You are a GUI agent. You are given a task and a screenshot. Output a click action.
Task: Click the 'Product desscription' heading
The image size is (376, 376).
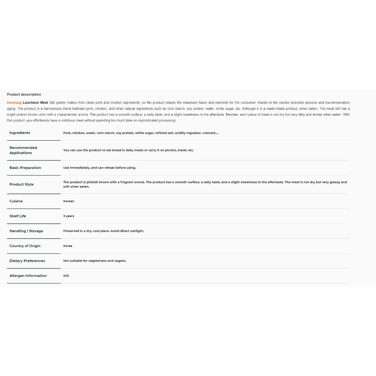(x=24, y=95)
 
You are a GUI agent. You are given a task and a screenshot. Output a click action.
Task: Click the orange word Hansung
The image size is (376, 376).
(x=14, y=103)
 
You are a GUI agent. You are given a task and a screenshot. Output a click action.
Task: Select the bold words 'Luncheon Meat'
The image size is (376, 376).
(x=35, y=103)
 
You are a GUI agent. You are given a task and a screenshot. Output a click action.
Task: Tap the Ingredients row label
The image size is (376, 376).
(x=20, y=133)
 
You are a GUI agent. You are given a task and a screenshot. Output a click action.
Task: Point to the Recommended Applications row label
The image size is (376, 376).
(x=23, y=150)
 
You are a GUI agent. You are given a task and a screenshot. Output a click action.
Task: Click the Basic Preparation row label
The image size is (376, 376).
(x=25, y=168)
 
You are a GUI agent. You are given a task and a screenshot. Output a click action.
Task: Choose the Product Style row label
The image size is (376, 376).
(x=21, y=184)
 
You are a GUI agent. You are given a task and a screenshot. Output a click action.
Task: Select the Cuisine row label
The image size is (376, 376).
(x=16, y=201)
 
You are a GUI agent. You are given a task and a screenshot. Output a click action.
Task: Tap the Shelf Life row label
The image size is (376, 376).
(x=18, y=216)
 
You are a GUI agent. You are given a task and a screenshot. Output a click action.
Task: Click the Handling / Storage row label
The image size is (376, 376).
(x=26, y=231)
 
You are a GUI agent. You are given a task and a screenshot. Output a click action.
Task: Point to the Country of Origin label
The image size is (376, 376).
(x=25, y=246)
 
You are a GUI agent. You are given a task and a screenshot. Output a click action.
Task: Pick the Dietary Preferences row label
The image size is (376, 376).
(x=27, y=261)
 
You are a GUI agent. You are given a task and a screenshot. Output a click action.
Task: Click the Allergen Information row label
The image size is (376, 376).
(x=28, y=276)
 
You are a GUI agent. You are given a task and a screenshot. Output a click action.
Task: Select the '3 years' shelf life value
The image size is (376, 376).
(x=69, y=216)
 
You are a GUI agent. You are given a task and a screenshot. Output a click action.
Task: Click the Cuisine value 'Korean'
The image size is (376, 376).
(x=69, y=201)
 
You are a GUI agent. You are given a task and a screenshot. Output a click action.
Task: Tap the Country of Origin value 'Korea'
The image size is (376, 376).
(x=68, y=246)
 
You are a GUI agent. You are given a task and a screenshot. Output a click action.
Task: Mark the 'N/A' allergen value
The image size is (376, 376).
(x=66, y=276)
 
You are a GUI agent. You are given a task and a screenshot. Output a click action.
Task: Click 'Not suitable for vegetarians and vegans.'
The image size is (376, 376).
(x=95, y=261)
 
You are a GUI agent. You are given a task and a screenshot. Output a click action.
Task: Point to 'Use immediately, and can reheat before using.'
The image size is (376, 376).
(x=100, y=168)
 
